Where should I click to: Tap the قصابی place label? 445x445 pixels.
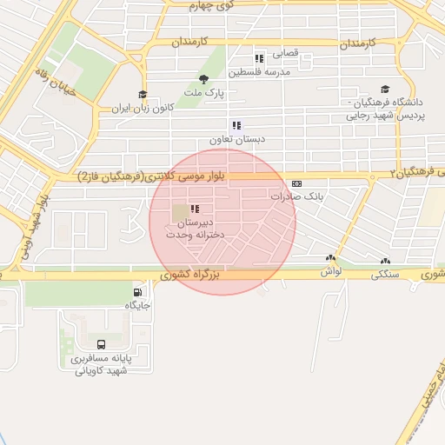(286, 53)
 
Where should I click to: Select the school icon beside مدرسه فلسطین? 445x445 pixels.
(258, 58)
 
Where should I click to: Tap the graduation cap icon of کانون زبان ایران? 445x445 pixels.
(142, 95)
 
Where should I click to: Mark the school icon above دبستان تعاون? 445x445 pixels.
(236, 125)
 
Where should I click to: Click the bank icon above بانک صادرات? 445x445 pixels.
(296, 183)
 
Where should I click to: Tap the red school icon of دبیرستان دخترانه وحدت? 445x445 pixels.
(194, 209)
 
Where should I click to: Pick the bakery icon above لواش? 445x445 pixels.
(330, 258)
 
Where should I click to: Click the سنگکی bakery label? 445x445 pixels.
(387, 274)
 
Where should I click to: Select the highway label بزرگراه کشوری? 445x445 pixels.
(192, 275)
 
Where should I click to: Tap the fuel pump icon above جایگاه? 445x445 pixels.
(137, 291)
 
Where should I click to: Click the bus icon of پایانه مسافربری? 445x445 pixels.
(102, 344)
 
